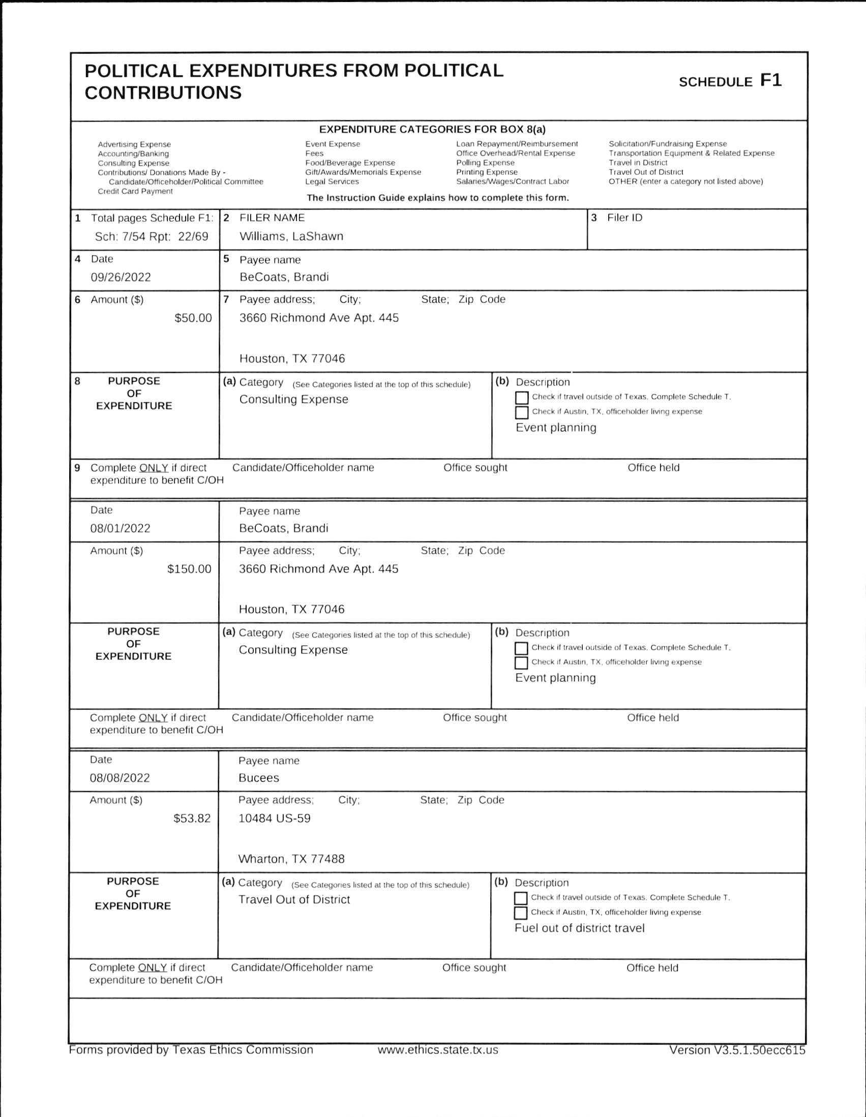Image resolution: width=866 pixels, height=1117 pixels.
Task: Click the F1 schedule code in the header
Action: coord(771,80)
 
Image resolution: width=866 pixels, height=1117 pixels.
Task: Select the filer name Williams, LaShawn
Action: coord(291,236)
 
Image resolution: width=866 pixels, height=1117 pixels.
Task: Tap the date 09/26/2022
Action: coord(121,277)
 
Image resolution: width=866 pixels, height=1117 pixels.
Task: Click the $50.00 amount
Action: coord(193,318)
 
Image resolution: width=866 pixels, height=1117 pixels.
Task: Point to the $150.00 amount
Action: coord(189,569)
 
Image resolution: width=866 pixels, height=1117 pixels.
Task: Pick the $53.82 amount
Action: coord(192,819)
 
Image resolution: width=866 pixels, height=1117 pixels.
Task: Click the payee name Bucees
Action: coord(259,778)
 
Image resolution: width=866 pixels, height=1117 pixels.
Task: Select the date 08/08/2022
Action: coord(120,778)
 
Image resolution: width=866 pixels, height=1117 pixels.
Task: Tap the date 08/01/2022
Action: coord(120,528)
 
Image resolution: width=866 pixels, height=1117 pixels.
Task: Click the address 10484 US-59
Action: coord(274,819)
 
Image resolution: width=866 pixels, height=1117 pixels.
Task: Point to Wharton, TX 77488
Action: coord(291,859)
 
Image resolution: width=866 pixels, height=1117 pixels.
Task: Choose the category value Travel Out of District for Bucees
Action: coord(294,899)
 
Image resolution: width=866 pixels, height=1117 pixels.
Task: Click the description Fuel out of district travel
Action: coord(579,928)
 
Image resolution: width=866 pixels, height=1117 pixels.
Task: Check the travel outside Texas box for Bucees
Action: coord(521,898)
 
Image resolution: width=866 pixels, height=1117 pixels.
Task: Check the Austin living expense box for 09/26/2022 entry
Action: coord(521,412)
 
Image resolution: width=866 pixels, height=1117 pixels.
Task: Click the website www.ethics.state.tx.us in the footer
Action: coord(438,1050)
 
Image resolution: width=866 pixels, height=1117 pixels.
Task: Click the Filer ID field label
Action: coord(624,218)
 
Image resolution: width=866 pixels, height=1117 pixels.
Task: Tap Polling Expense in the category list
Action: coord(486,163)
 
